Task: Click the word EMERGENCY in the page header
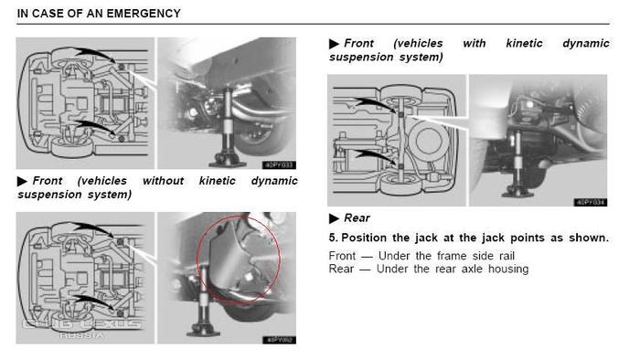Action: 144,14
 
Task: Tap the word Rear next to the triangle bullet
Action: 357,218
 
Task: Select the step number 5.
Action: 333,238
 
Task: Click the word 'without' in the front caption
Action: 163,181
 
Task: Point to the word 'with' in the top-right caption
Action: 475,43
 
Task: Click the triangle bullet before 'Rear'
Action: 334,218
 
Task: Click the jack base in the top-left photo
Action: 227,163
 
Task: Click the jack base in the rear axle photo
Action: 517,194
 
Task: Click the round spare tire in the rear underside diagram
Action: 428,140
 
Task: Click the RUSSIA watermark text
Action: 81,335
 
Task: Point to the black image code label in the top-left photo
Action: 279,165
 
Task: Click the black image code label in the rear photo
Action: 591,202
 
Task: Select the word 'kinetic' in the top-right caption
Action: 524,43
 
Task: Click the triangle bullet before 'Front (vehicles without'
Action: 22,181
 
